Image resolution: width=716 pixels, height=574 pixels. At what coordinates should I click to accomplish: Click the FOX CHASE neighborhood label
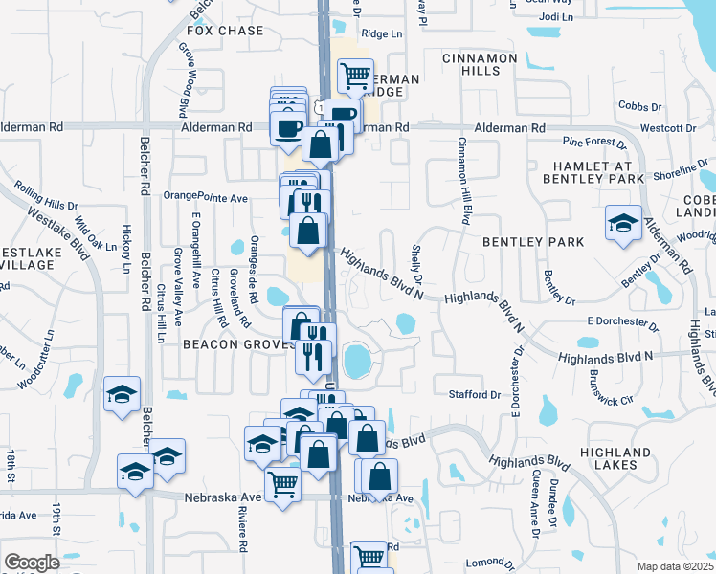pyautogui.click(x=225, y=31)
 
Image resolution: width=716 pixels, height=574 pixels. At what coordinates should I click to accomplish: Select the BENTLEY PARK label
pyautogui.click(x=533, y=242)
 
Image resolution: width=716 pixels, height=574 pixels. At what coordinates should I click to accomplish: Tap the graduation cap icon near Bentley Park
pyautogui.click(x=623, y=225)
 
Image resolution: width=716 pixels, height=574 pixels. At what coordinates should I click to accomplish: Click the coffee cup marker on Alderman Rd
pyautogui.click(x=287, y=126)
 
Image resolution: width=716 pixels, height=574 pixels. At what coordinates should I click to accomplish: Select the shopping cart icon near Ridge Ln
pyautogui.click(x=356, y=73)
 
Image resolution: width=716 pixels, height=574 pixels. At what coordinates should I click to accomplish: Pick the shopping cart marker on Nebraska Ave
pyautogui.click(x=283, y=484)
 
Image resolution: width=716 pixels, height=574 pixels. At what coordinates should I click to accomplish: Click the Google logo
pyautogui.click(x=32, y=563)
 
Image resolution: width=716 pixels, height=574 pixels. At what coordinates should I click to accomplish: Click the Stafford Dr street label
pyautogui.click(x=475, y=394)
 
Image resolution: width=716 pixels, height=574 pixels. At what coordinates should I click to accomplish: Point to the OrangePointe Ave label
pyautogui.click(x=206, y=197)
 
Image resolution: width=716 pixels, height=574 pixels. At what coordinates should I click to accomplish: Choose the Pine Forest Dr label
pyautogui.click(x=593, y=143)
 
